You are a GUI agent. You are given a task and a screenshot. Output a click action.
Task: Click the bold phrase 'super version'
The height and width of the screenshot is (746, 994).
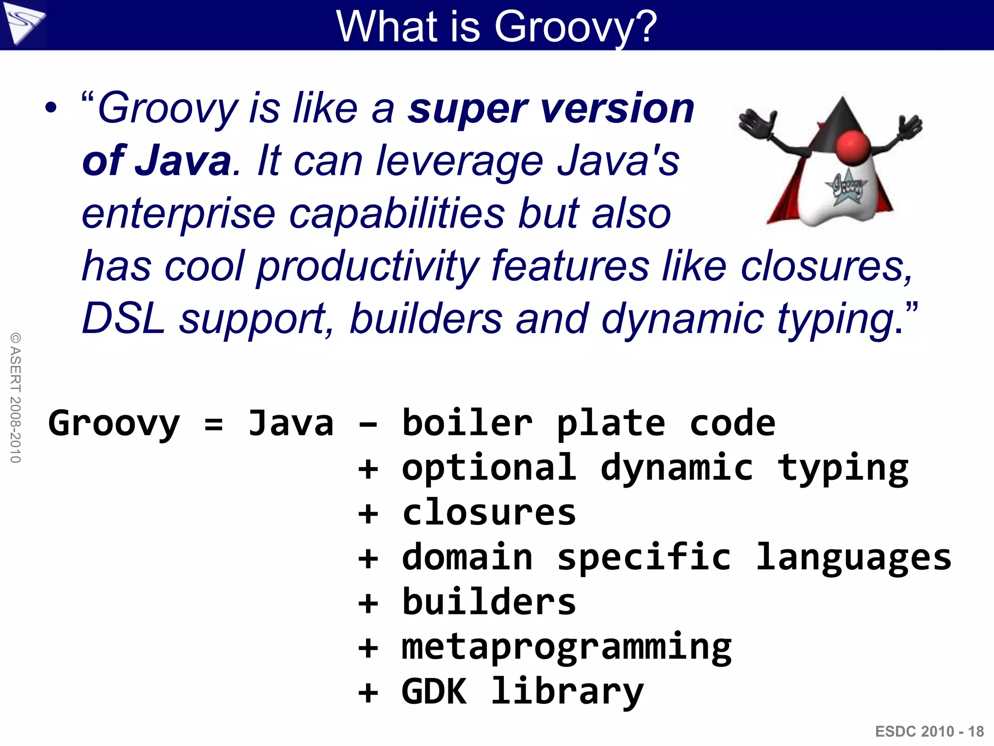pos(551,109)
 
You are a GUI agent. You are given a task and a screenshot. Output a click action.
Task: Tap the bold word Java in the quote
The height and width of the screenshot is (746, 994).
pos(183,161)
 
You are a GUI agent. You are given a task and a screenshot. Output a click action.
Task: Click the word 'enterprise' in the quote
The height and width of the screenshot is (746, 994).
pos(179,214)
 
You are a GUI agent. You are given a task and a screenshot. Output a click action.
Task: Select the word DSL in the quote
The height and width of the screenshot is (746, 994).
pos(123,319)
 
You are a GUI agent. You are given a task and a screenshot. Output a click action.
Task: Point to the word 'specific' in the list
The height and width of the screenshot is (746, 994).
pos(644,558)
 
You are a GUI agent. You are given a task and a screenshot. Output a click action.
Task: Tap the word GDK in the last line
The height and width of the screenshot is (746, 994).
pos(434,692)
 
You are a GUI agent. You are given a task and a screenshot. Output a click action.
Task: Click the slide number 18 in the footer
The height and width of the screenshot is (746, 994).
pos(976,731)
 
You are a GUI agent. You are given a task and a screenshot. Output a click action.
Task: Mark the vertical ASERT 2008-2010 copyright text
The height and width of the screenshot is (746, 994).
pos(16,397)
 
